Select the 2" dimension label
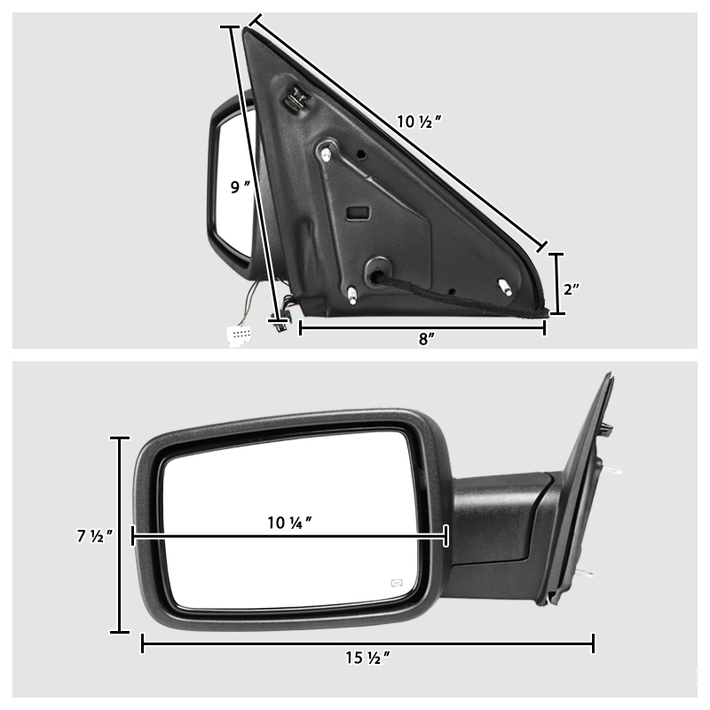click(x=572, y=289)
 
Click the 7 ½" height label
click(x=93, y=536)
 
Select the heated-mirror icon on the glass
click(x=395, y=583)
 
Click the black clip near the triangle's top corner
click(x=295, y=99)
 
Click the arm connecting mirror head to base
click(x=497, y=524)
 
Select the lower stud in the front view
click(x=586, y=576)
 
